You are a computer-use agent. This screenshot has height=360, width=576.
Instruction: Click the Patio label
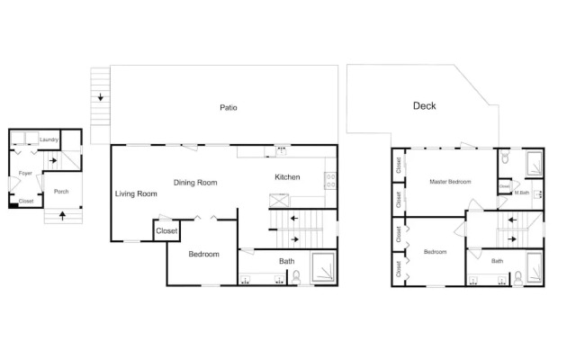tap(228, 108)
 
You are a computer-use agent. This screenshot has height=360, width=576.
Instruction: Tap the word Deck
tap(424, 106)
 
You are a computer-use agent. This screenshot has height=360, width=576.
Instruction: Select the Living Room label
tap(136, 193)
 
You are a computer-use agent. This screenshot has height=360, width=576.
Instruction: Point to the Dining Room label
tap(195, 183)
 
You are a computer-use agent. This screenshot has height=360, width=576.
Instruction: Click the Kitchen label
tap(287, 177)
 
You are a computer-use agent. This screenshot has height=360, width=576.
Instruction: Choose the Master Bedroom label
tap(450, 182)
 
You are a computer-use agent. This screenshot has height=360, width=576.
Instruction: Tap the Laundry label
tap(49, 139)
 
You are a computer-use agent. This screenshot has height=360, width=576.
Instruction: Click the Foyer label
tap(25, 173)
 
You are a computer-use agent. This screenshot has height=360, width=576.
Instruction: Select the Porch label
tap(61, 192)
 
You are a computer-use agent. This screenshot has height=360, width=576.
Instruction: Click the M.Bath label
tap(522, 193)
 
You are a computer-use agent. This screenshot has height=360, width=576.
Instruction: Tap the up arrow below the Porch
tap(62, 216)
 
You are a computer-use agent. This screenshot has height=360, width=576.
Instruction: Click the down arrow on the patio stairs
tap(100, 97)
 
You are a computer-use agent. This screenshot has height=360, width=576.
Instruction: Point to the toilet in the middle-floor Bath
tap(296, 277)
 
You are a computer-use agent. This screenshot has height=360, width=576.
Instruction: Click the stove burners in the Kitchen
tap(330, 181)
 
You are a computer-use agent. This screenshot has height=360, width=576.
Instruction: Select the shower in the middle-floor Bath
tap(324, 267)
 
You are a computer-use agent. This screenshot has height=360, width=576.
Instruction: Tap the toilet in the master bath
tap(505, 156)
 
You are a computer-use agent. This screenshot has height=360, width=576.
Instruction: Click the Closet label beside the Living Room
tap(166, 230)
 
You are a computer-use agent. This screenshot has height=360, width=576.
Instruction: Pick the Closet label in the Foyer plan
tap(26, 202)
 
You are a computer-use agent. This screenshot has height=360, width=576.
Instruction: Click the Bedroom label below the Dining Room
tap(204, 254)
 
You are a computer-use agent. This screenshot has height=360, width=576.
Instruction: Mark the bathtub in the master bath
tap(534, 164)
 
